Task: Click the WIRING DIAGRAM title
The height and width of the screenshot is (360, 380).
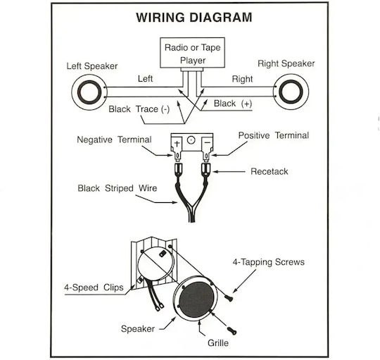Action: click(194, 18)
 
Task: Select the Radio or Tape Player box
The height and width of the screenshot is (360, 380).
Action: click(192, 53)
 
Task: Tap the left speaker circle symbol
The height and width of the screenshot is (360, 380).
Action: click(89, 92)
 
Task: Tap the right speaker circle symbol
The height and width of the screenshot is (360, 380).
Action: click(291, 92)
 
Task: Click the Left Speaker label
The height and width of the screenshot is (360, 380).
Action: click(92, 66)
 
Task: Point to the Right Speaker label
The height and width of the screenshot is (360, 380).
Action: click(286, 63)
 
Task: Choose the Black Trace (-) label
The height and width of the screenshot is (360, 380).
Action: click(139, 109)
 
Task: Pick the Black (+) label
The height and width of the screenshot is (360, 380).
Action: click(233, 104)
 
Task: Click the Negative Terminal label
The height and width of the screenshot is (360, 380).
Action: click(114, 139)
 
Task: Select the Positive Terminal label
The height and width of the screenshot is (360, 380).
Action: click(274, 135)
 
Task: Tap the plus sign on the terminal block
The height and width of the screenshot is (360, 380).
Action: click(177, 144)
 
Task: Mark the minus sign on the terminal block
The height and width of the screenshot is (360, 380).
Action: click(207, 142)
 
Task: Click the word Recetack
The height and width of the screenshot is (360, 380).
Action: click(270, 171)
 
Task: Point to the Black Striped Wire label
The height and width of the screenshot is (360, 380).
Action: click(118, 188)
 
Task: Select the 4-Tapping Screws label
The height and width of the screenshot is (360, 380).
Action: click(269, 262)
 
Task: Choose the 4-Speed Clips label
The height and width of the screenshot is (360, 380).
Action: click(94, 287)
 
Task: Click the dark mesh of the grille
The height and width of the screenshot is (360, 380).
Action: click(197, 300)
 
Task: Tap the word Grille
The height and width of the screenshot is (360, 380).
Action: click(218, 343)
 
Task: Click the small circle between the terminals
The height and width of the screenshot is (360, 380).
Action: click(191, 140)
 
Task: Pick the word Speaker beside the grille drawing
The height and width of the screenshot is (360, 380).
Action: click(138, 329)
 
